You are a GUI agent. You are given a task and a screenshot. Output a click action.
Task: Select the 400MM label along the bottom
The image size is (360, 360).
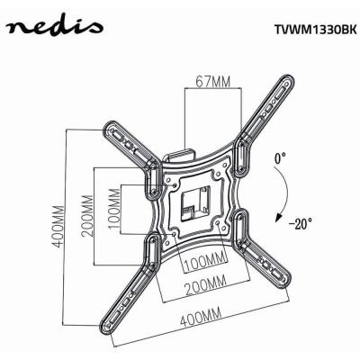click(199, 318)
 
